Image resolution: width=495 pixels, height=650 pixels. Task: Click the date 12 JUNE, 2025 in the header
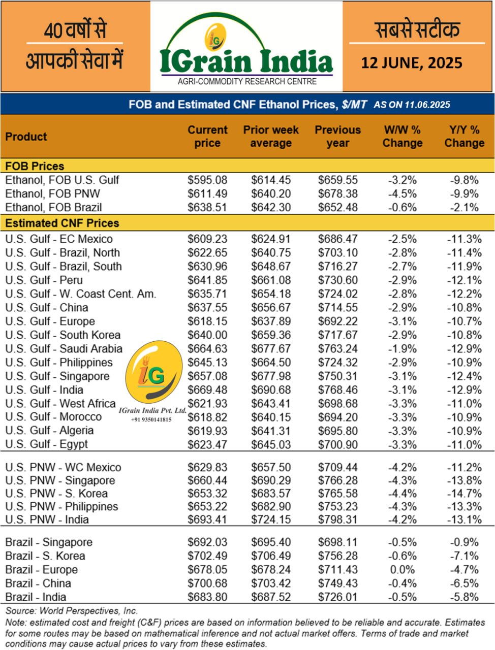coord(412,62)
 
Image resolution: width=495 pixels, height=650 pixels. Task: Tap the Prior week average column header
coord(271,136)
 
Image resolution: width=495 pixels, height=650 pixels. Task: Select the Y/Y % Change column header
coord(464,136)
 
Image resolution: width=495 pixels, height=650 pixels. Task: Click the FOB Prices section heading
coord(35,166)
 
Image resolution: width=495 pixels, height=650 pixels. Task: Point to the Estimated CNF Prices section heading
coord(62,223)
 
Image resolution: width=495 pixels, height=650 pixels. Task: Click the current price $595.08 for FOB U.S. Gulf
coord(207,180)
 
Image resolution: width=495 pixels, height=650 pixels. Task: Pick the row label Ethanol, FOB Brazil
coord(53,207)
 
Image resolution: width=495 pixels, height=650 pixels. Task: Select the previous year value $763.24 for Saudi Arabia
coord(337,349)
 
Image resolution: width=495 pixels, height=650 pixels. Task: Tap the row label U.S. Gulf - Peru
coord(44,280)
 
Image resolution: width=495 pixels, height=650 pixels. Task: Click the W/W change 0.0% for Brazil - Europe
coord(402,570)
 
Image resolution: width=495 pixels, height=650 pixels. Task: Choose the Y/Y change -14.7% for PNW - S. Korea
coord(464,494)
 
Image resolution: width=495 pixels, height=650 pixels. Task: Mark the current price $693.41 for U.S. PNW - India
coord(207,519)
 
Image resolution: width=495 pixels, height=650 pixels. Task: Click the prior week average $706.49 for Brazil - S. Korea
coord(271,556)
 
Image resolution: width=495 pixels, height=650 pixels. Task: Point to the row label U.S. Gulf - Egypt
coord(46,444)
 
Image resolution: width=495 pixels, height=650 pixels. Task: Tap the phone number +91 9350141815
coord(151,419)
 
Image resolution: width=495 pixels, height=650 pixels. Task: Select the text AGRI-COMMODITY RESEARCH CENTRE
coord(247,81)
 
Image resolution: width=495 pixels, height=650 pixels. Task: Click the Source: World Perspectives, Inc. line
coord(72,611)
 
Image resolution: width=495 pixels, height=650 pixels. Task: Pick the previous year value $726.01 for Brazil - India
coord(337,597)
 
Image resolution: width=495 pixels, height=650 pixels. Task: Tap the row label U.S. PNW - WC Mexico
coord(63,467)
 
